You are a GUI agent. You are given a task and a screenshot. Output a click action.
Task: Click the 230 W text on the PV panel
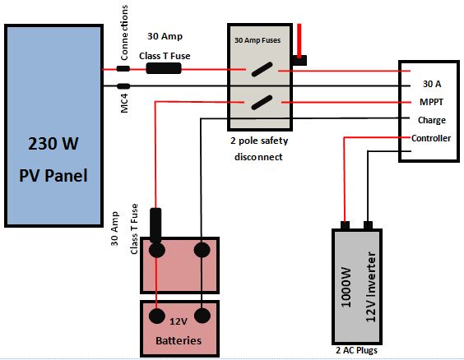pos(53,144)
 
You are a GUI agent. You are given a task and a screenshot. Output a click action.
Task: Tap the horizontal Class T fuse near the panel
pos(164,68)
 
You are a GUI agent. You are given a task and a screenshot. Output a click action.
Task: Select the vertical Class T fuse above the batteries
pos(155,225)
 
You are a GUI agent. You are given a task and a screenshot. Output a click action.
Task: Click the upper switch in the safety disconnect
pos(262,70)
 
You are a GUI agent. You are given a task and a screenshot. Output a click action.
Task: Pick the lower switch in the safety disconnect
pos(262,102)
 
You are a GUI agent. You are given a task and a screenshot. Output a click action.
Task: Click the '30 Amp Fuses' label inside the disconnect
pos(258,40)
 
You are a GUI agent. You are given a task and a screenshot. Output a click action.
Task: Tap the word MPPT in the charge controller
pos(431,102)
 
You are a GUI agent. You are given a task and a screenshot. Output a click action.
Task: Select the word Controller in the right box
pos(431,138)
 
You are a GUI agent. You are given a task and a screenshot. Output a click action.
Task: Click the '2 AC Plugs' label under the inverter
pos(356,350)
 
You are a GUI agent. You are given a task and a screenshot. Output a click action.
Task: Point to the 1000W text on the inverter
pos(346,288)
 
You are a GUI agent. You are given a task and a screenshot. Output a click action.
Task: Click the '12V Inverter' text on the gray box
pos(370,287)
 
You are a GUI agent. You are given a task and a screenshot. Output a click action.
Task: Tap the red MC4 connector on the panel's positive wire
pos(123,69)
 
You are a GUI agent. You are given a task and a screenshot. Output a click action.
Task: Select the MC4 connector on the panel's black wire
pos(123,86)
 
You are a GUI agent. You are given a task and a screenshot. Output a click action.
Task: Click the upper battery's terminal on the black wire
pos(202,250)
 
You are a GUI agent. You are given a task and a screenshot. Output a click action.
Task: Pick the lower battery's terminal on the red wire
pos(157,316)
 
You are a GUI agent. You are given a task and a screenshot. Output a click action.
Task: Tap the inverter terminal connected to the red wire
pos(345,225)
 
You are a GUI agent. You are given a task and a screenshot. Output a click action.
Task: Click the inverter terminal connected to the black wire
pos(368,225)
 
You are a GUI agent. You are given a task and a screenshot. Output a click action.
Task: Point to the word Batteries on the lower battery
pos(179,341)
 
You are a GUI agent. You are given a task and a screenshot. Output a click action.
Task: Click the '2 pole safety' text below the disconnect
pos(259,141)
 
